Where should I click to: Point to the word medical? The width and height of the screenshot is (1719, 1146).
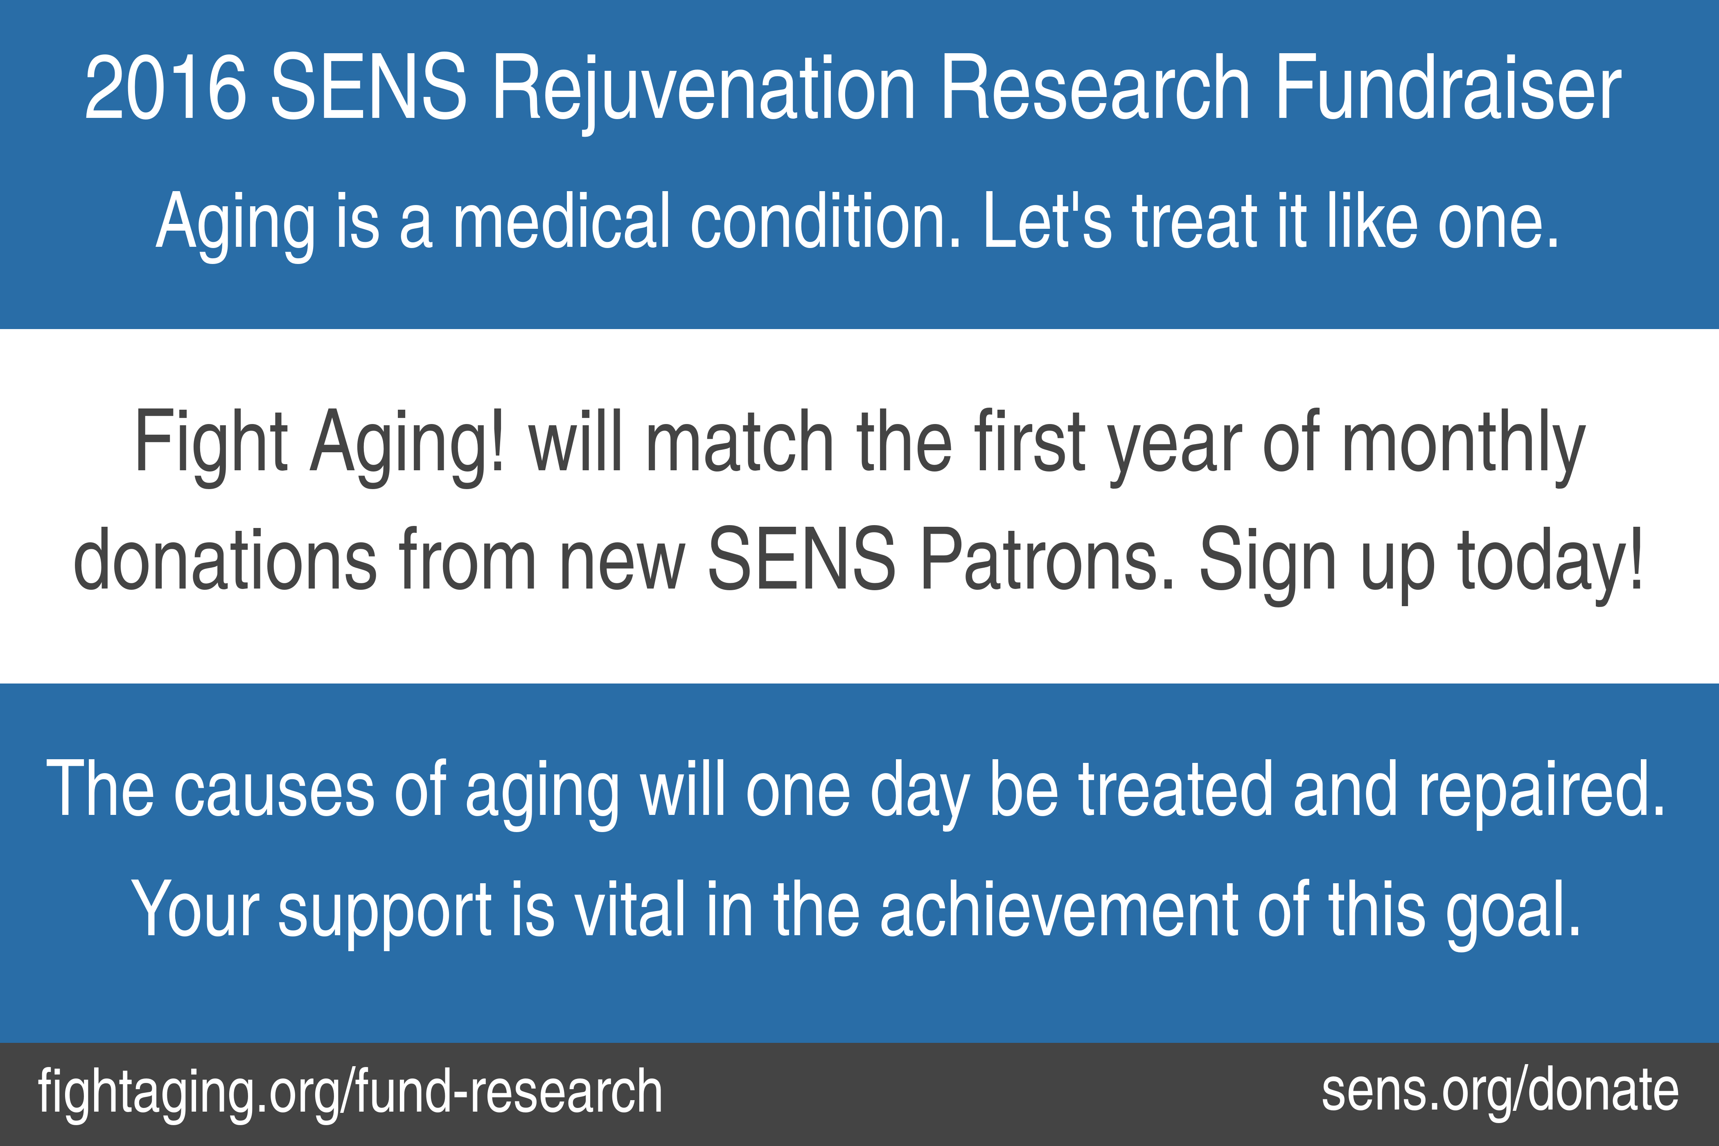tap(561, 220)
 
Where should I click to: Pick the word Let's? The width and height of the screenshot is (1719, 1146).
tap(1047, 220)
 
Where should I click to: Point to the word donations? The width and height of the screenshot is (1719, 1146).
tap(225, 559)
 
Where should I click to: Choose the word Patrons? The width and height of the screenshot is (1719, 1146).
tap(1047, 559)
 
